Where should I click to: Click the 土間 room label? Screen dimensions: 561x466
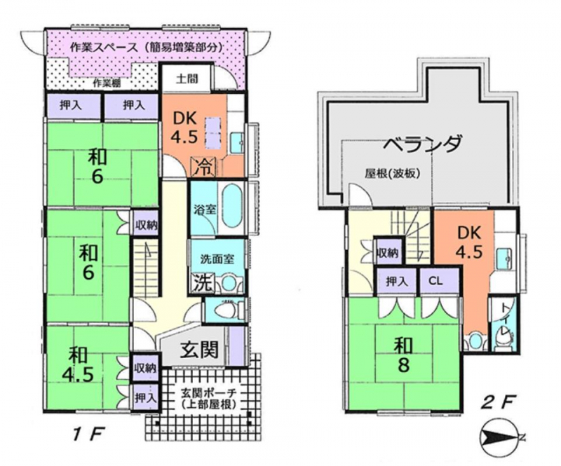(187, 78)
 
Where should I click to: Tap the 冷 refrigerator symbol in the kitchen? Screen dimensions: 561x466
(204, 167)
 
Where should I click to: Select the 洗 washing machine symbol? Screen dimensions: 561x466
(198, 282)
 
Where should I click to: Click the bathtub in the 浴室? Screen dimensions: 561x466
(233, 207)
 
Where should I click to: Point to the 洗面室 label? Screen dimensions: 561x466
(217, 258)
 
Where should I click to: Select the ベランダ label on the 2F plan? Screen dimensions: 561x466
(421, 144)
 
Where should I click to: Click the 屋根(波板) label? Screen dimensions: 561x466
(392, 174)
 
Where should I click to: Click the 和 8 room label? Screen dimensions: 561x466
(403, 355)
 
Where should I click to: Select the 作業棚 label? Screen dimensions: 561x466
(107, 83)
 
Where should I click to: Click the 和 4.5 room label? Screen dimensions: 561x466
(78, 364)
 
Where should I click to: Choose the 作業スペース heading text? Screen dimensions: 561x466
(104, 47)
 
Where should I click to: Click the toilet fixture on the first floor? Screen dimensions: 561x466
(226, 309)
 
